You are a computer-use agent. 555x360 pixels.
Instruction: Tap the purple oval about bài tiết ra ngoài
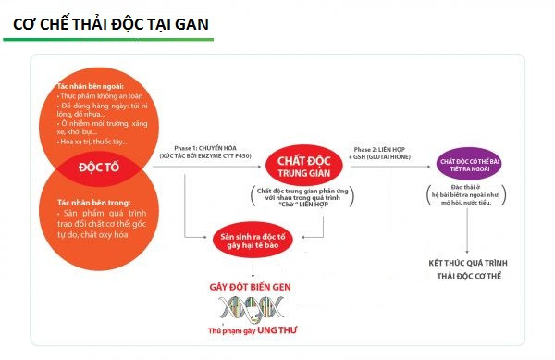pos(475,167)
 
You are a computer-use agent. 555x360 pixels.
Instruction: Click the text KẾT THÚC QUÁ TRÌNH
pos(475,265)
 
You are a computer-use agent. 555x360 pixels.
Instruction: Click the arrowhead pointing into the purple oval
pos(432,167)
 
